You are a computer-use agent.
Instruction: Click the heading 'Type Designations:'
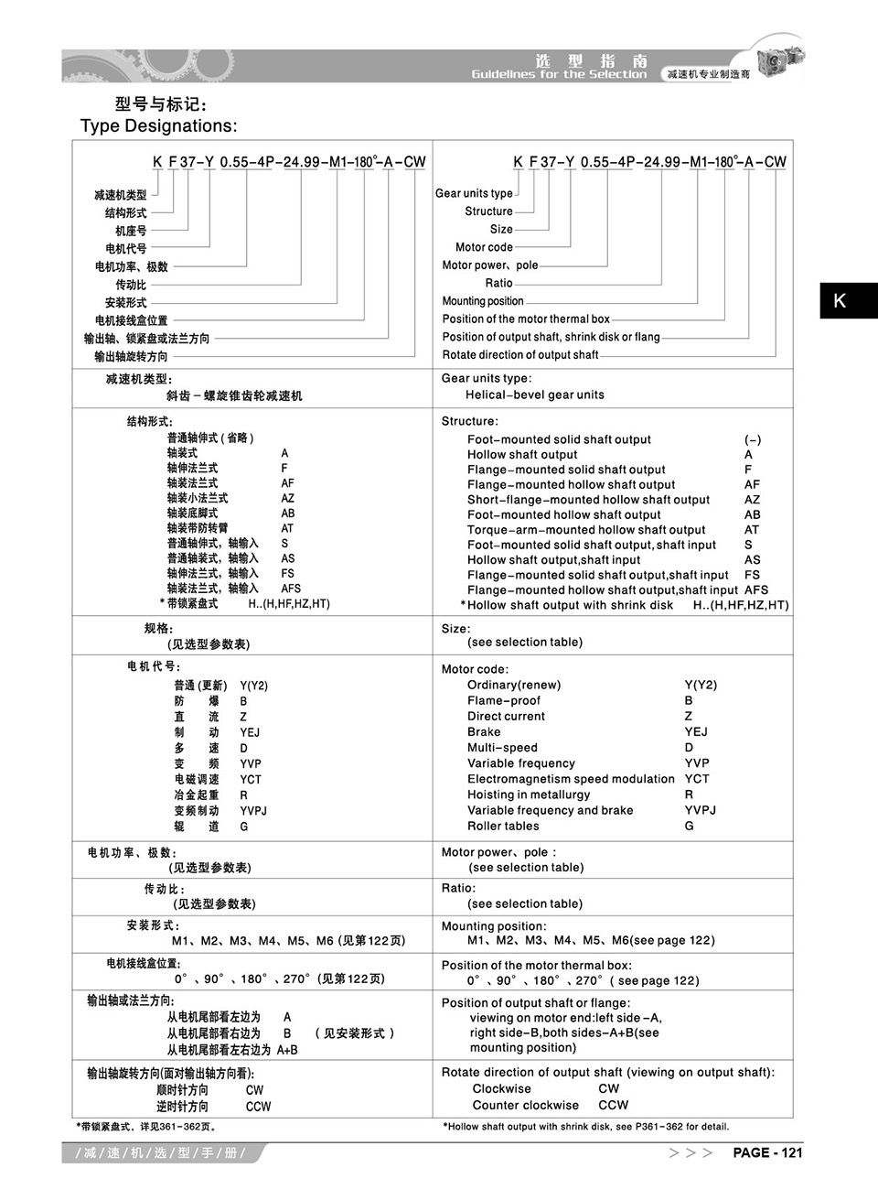point(158,126)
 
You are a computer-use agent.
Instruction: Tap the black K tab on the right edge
point(848,300)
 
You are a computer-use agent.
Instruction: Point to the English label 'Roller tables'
point(503,826)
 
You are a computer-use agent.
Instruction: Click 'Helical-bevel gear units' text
point(534,395)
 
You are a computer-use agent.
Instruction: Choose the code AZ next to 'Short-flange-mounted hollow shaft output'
point(752,500)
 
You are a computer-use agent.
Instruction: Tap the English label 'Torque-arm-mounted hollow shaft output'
point(586,530)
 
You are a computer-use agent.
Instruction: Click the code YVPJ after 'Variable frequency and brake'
point(700,810)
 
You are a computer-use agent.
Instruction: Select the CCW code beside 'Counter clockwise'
point(613,1105)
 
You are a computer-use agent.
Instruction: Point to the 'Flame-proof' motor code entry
point(503,701)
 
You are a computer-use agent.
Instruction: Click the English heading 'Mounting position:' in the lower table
point(494,926)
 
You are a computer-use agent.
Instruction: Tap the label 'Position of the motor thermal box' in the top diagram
point(526,319)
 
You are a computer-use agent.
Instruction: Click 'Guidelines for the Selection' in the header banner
point(559,74)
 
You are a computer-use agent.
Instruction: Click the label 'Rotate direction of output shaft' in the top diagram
point(520,355)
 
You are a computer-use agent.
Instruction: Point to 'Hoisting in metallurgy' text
point(529,795)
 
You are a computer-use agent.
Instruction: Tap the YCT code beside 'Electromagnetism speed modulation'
point(696,779)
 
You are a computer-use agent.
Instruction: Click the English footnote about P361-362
point(585,1127)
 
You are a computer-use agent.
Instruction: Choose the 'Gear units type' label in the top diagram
point(474,194)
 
